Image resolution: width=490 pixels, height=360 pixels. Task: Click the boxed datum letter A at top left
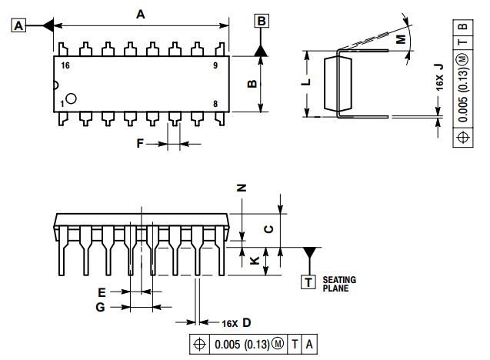19,25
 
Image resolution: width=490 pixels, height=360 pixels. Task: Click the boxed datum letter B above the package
261,21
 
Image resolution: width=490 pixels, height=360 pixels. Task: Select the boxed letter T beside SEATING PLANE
308,282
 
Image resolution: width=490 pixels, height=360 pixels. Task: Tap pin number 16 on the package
65,66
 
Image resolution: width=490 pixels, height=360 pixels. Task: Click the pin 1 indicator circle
71,98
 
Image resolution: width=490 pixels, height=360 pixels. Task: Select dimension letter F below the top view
140,143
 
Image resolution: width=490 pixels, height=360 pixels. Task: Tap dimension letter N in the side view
241,187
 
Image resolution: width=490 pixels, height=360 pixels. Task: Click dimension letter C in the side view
267,228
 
